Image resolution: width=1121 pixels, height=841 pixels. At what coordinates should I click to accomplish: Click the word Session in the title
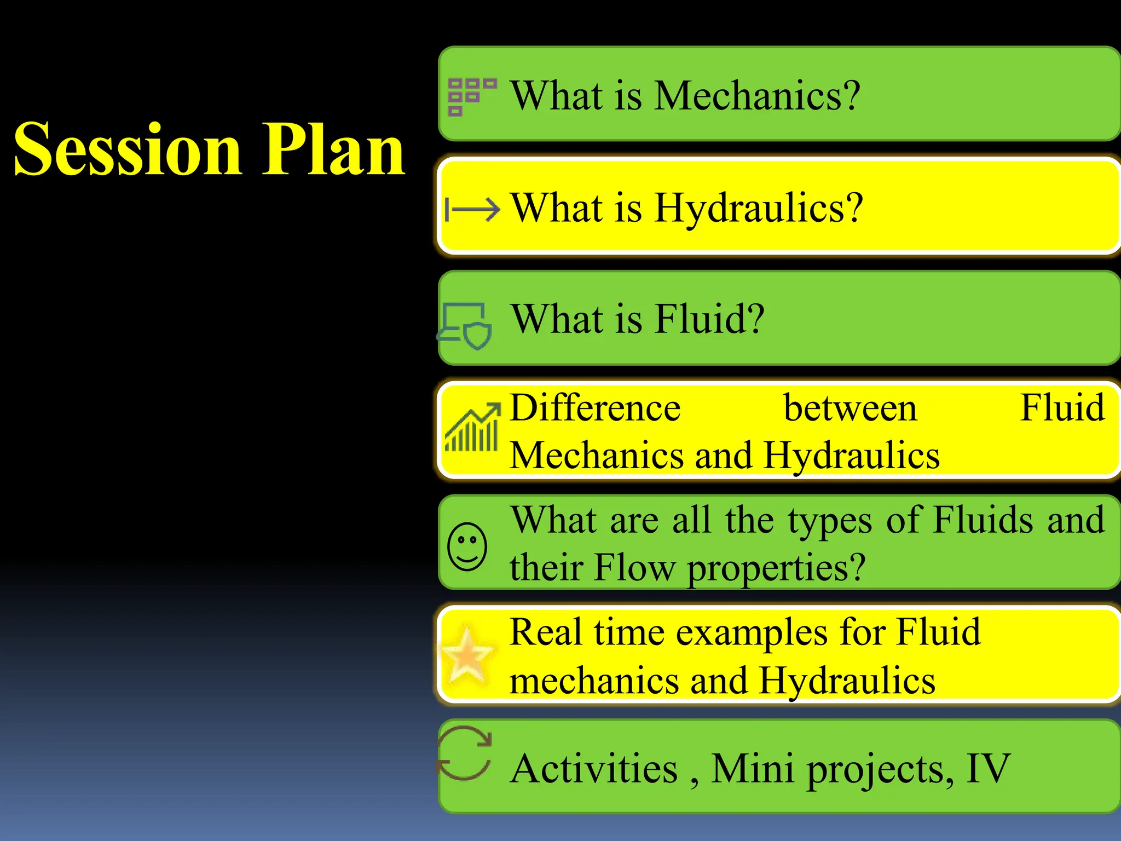point(127,149)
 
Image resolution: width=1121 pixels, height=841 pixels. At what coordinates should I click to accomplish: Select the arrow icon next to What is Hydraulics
point(472,209)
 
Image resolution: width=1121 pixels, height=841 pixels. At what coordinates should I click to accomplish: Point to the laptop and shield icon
point(465,326)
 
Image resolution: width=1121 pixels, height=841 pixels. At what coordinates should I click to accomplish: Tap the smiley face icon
point(467,546)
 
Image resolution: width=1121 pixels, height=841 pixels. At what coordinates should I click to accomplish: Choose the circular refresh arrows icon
point(464,753)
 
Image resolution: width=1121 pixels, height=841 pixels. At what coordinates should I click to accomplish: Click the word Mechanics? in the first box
point(757,96)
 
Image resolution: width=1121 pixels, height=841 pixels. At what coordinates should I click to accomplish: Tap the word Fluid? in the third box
point(709,319)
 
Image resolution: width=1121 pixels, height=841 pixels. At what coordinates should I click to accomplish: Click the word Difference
point(595,408)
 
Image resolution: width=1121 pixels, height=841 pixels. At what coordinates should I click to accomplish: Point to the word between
point(850,408)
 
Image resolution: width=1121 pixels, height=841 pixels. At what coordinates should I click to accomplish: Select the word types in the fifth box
point(830,520)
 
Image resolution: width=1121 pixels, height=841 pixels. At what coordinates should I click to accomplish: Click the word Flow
point(635,567)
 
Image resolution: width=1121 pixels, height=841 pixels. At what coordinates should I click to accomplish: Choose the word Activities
point(594,769)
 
